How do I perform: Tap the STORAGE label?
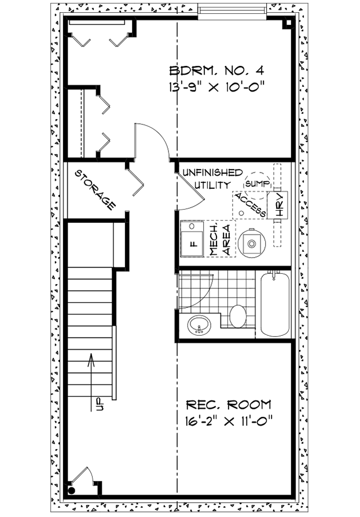pyautogui.click(x=94, y=189)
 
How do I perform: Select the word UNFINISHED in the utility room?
pyautogui.click(x=213, y=173)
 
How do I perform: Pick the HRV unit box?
pyautogui.click(x=280, y=206)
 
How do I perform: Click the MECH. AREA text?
pyautogui.click(x=220, y=240)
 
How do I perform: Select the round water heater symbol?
pyautogui.click(x=252, y=243)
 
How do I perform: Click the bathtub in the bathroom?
pyautogui.click(x=274, y=304)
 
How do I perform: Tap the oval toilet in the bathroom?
pyautogui.click(x=238, y=316)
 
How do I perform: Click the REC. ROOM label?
pyautogui.click(x=228, y=404)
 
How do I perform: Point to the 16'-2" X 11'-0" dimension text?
pyautogui.click(x=228, y=421)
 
